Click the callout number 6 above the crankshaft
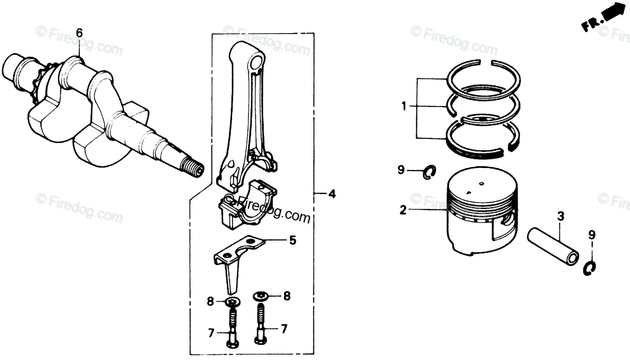(79, 33)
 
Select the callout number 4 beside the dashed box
(332, 195)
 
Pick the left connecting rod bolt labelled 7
(232, 329)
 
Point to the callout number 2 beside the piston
(403, 211)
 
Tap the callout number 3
(561, 215)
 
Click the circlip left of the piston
(429, 171)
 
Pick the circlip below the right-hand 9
(591, 267)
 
